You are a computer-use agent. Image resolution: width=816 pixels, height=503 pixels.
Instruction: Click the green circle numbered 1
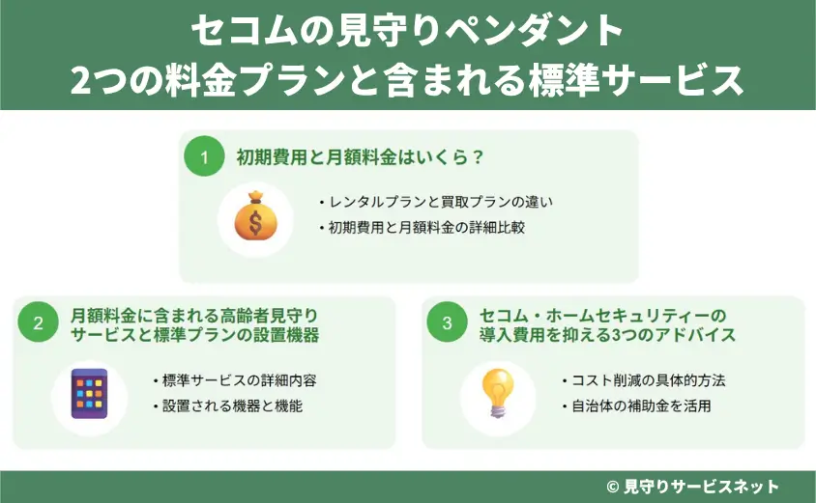coord(204,157)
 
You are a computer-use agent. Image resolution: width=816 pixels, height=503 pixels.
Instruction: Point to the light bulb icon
coord(498,390)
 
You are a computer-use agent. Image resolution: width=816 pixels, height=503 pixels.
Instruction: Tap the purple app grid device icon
coord(90,391)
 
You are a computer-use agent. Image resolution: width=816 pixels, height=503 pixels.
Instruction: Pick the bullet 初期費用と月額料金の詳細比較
coord(425,229)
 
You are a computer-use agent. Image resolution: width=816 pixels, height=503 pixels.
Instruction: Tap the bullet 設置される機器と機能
coord(227,405)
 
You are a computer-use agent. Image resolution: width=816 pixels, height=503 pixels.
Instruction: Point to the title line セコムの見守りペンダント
coord(407,33)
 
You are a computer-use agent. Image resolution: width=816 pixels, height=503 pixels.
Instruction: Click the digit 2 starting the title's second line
coord(82,80)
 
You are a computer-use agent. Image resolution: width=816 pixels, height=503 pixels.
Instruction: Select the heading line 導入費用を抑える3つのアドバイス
coord(607,335)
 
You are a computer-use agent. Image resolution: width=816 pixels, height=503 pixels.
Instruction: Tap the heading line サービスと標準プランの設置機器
coord(195,335)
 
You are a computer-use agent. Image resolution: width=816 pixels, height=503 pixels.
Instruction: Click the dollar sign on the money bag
coord(255,222)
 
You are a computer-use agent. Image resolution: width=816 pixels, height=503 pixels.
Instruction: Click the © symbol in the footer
coord(612,487)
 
